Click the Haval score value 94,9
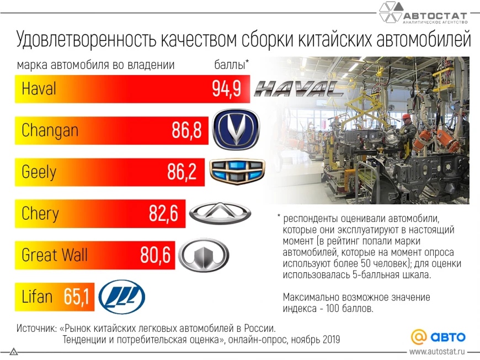coord(226,89)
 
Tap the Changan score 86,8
coord(186,131)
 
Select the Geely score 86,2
coord(182,172)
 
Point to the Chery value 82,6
coord(163,214)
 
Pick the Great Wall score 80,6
coord(155,255)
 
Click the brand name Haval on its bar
coord(39,89)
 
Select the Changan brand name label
coord(50,131)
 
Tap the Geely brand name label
coord(39,172)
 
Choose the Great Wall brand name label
coord(54,255)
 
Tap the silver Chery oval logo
coord(220,213)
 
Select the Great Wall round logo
coord(204,256)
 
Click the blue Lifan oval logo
coord(122,297)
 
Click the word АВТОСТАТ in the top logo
coord(435,15)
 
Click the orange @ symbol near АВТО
coord(419,336)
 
